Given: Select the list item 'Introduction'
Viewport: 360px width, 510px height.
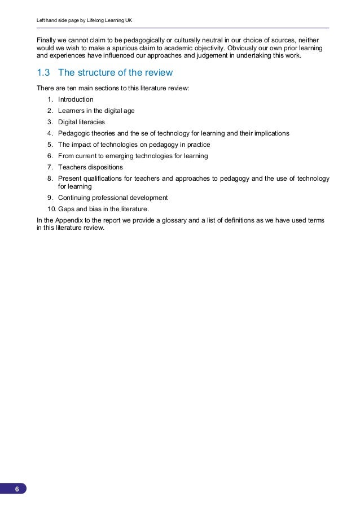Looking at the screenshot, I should pyautogui.click(x=76, y=99).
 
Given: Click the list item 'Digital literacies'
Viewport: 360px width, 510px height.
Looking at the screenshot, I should pyautogui.click(x=81, y=122).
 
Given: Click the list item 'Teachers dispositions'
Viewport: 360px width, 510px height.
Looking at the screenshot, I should pyautogui.click(x=90, y=167).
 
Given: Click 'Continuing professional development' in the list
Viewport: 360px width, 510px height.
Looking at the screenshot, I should pyautogui.click(x=113, y=198).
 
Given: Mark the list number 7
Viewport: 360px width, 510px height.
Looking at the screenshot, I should pyautogui.click(x=50, y=167).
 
